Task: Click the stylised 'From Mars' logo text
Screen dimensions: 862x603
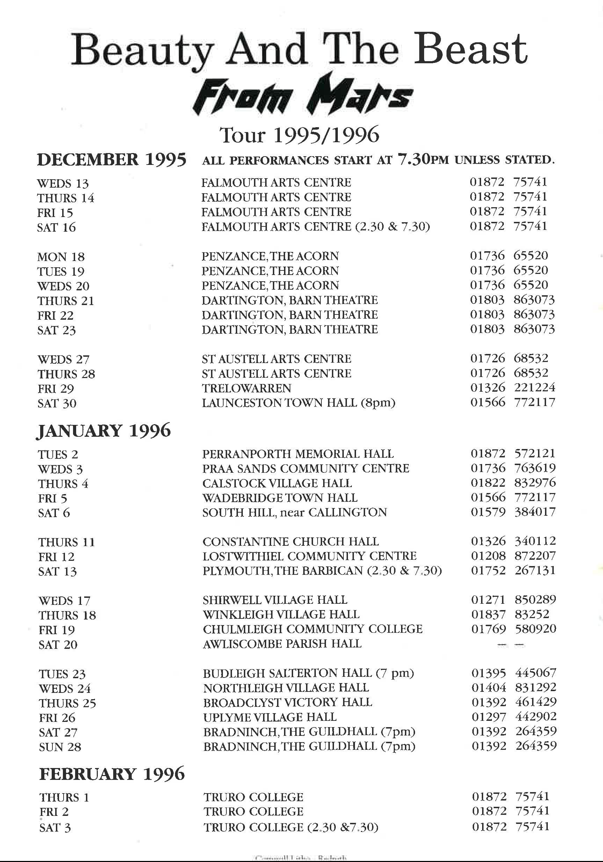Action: pos(303,95)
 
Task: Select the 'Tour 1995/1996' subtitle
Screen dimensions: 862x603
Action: pos(299,135)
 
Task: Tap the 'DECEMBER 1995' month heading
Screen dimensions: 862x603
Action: pos(111,160)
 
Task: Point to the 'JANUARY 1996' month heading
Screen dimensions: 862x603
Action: pos(104,430)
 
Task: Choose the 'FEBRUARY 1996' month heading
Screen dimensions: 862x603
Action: pos(112,774)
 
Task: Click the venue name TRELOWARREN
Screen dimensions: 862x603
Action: pos(246,388)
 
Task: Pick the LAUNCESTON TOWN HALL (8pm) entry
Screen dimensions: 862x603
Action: pos(298,403)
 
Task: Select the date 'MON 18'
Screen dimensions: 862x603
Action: pos(61,257)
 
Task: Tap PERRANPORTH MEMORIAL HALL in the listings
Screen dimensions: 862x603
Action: pos(298,454)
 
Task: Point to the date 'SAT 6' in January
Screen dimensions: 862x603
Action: pos(54,513)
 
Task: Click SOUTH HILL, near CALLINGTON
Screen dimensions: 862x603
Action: pos(295,513)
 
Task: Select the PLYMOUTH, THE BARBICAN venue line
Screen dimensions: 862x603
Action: pos(322,571)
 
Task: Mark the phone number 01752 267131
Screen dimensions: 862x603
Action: pos(513,570)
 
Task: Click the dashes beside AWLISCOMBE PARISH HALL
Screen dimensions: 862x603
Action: pos(511,645)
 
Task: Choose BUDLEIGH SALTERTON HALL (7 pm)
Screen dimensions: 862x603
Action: pos(308,673)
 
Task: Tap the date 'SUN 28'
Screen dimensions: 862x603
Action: pos(60,747)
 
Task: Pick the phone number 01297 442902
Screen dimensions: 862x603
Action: pos(514,716)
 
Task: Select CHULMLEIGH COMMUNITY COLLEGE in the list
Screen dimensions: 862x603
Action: pos(312,629)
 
